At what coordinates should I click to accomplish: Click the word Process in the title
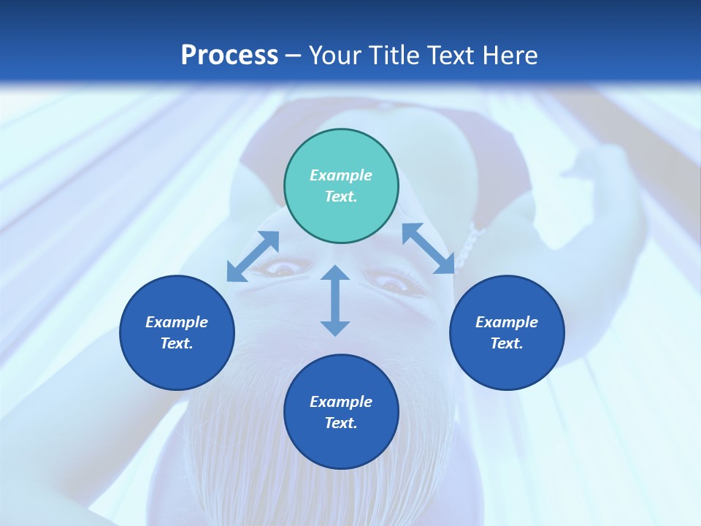coord(229,56)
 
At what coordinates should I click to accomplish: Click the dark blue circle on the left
coord(177,332)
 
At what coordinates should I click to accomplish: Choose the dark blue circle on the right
coord(507,332)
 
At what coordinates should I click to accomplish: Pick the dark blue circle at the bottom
coord(341,412)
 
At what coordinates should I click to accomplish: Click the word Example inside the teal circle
coord(341,175)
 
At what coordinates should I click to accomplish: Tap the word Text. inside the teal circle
coord(341,197)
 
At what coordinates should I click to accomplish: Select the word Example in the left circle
coord(177,322)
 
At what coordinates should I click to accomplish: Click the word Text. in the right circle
coord(507,343)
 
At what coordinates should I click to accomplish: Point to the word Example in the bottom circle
coord(341,402)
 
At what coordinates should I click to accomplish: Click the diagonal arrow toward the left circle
coord(253,256)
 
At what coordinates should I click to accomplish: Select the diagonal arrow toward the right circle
coord(429,248)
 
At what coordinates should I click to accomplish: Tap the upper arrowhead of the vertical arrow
coord(335,274)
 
